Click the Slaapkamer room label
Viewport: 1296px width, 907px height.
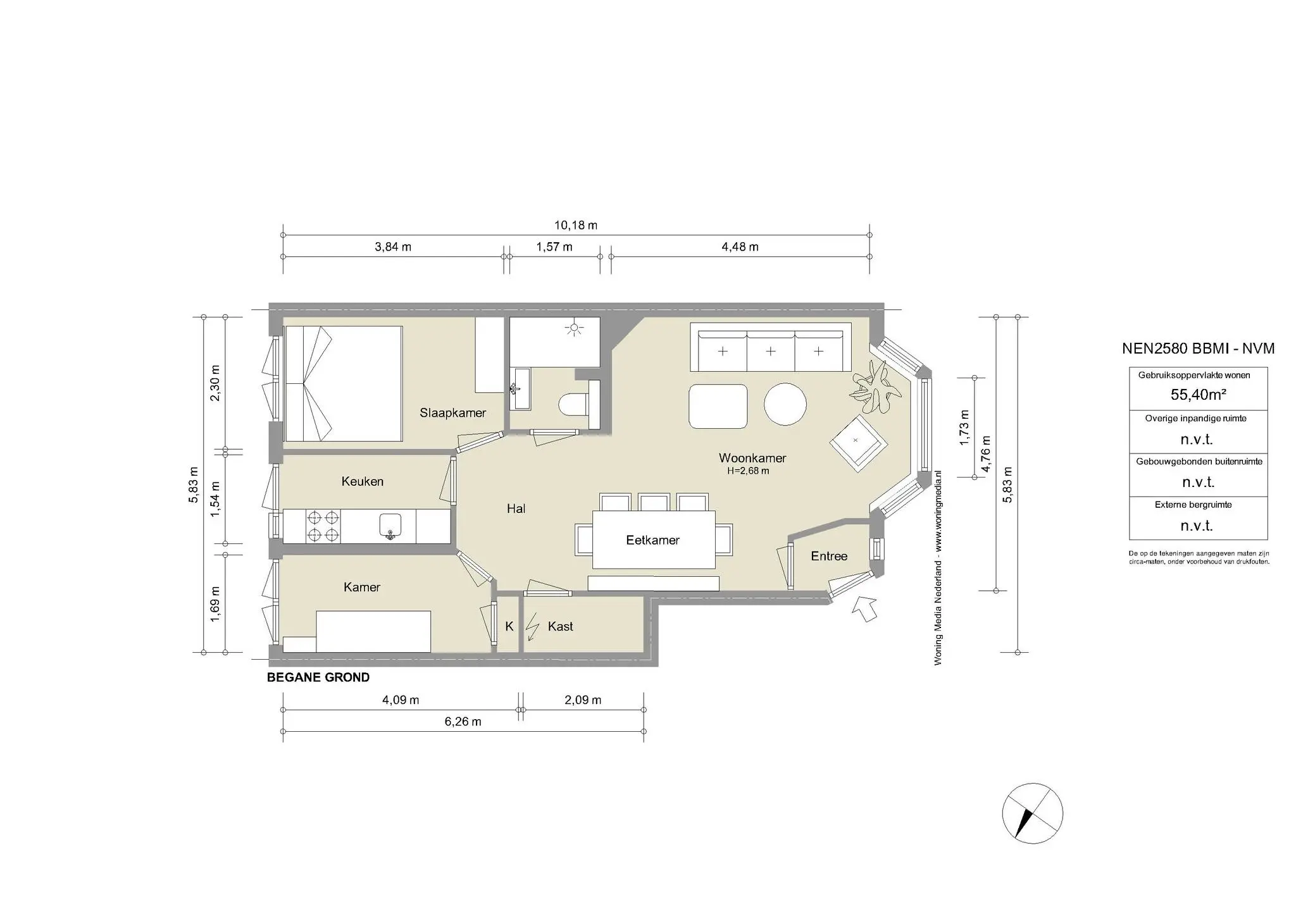coord(452,413)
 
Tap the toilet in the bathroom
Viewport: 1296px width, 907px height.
coord(574,405)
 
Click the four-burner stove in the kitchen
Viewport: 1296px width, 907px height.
coord(323,526)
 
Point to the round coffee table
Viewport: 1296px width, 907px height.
coord(785,404)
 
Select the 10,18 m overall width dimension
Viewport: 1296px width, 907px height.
coord(576,225)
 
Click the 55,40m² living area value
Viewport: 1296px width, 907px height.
coord(1198,395)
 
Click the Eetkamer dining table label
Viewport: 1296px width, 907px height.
coord(652,540)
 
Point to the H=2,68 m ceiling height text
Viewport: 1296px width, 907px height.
coord(748,471)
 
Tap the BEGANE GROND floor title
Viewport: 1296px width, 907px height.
coord(318,677)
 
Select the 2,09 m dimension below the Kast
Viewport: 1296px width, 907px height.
coord(583,700)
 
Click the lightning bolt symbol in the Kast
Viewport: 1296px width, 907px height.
coord(533,627)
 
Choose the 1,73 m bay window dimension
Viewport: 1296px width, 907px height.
coord(964,428)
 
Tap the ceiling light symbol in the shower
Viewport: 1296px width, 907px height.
coord(575,328)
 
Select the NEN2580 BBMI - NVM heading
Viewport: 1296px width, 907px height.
coord(1198,349)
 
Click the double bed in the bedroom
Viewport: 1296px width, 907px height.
coord(344,383)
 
